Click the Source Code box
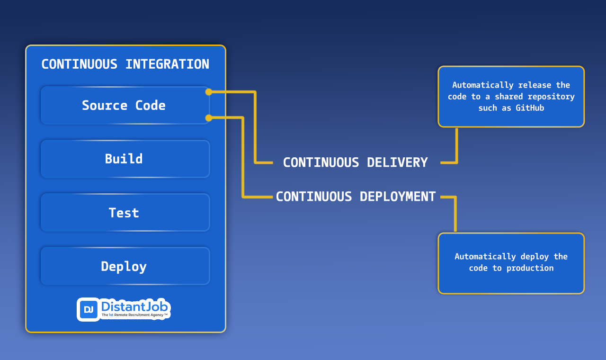tap(124, 105)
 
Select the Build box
tap(124, 159)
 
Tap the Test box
tap(124, 213)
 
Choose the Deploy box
tap(124, 266)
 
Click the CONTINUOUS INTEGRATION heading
tap(125, 64)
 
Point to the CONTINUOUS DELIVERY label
tap(355, 162)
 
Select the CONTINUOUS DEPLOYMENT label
tap(356, 197)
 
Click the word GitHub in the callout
tap(530, 108)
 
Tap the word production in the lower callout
tap(530, 268)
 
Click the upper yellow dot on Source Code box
tap(209, 92)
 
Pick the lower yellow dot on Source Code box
tap(209, 118)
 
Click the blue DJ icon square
tap(89, 309)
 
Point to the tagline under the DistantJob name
tap(134, 315)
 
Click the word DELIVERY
tap(397, 162)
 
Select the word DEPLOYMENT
tap(398, 197)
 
